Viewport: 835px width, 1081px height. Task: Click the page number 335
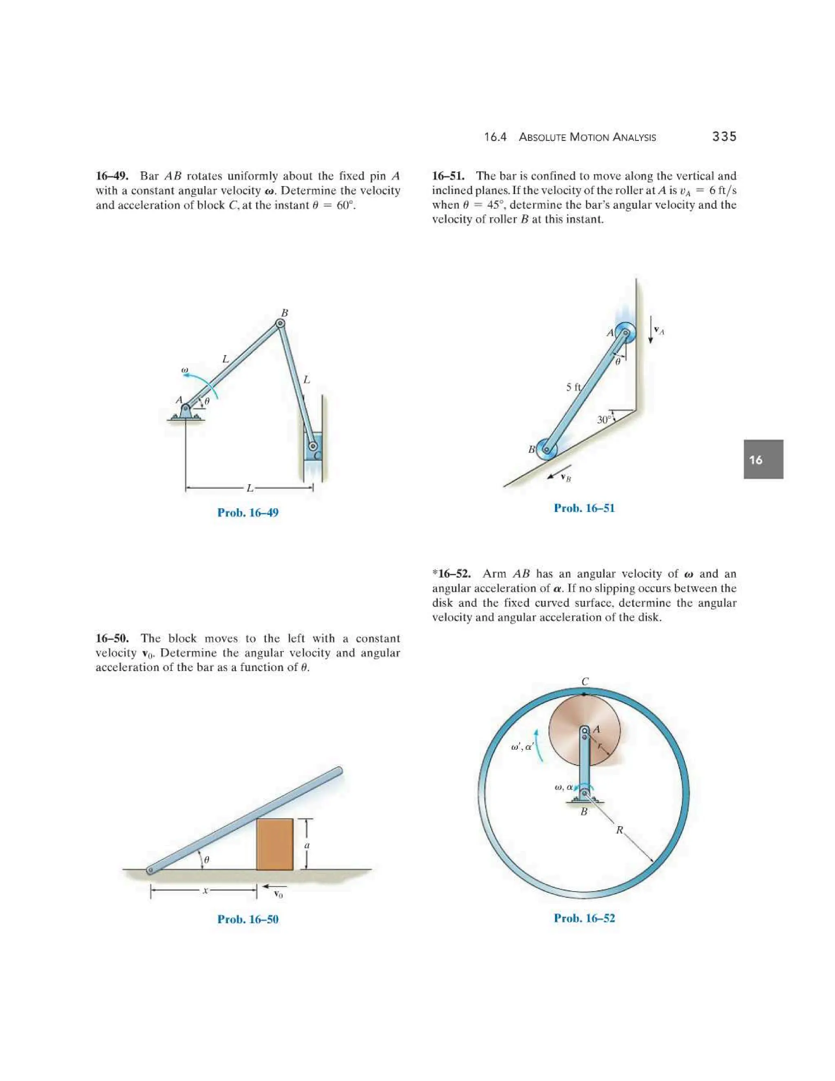[724, 137]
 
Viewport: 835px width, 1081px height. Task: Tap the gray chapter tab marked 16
[763, 459]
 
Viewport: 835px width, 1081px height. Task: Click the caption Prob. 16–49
[248, 512]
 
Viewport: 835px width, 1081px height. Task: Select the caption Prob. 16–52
[584, 918]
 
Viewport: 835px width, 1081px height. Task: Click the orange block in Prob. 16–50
[274, 844]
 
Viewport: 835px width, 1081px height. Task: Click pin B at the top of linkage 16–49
[280, 324]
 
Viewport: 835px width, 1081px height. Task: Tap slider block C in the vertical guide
[313, 446]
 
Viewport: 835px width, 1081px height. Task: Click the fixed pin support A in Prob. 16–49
[185, 411]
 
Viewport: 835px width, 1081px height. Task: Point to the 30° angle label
[604, 420]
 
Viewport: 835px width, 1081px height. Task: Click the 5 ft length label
[573, 387]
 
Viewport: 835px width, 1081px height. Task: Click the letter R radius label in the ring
[619, 830]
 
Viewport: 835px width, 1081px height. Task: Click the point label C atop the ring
[585, 682]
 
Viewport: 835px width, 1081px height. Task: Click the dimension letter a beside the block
[307, 845]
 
